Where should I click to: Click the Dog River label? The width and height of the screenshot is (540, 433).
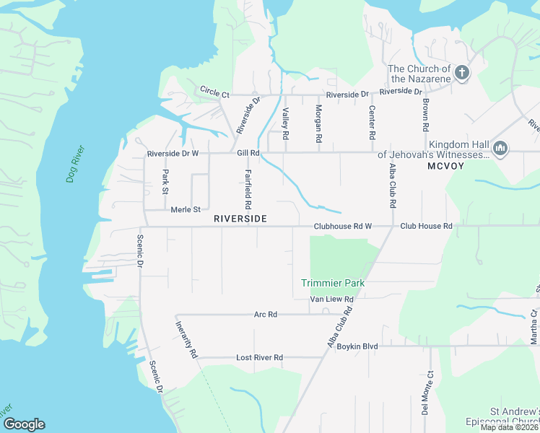76,164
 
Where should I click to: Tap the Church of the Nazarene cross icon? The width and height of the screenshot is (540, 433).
461,73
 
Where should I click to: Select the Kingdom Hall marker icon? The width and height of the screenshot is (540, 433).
500,149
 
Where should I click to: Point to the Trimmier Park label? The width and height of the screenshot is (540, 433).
333,283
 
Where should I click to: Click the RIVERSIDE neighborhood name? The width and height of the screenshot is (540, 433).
240,218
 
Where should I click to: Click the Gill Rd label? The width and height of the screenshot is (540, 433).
248,153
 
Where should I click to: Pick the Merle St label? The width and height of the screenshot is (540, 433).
186,209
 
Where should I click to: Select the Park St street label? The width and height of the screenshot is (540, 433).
165,182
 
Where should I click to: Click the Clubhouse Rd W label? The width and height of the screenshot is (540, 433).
342,227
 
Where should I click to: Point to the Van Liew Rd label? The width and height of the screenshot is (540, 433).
331,299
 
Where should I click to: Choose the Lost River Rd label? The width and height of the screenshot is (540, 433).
259,357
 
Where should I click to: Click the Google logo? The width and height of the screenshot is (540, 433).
24,424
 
